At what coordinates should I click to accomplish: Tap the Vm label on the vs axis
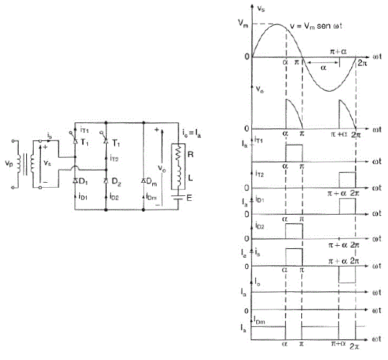[x=243, y=24]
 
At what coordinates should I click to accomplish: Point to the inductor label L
[x=190, y=178]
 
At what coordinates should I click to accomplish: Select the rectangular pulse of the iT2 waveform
[x=347, y=180]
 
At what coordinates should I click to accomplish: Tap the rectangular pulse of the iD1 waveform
[x=347, y=207]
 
